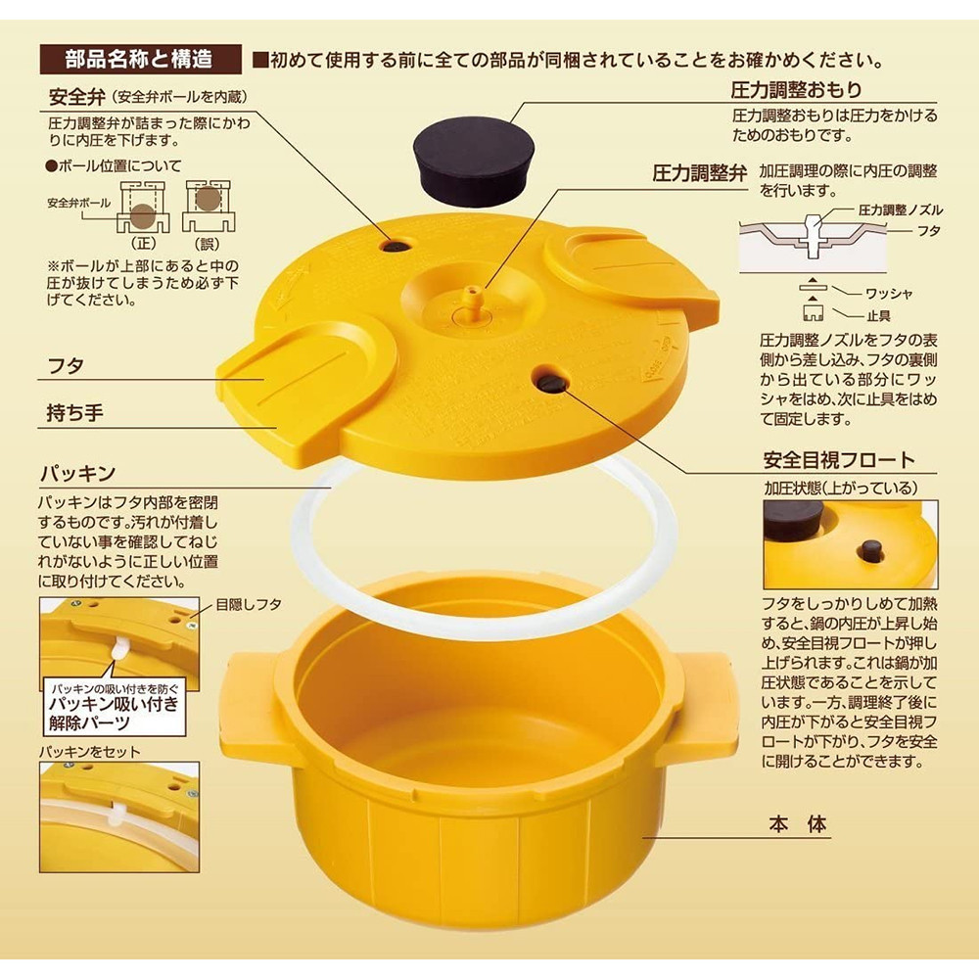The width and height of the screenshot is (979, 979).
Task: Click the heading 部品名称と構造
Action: pyautogui.click(x=140, y=59)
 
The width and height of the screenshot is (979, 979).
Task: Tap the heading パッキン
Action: pyautogui.click(x=78, y=473)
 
